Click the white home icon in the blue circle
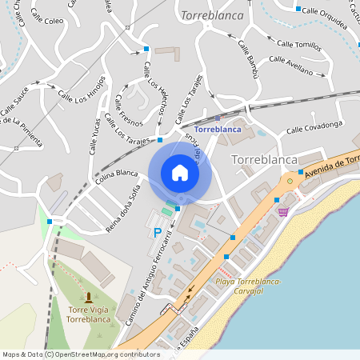coord(179,173)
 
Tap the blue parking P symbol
coord(157,233)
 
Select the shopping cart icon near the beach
coord(282,211)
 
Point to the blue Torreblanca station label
coord(218,129)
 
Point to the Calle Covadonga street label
coord(314,125)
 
